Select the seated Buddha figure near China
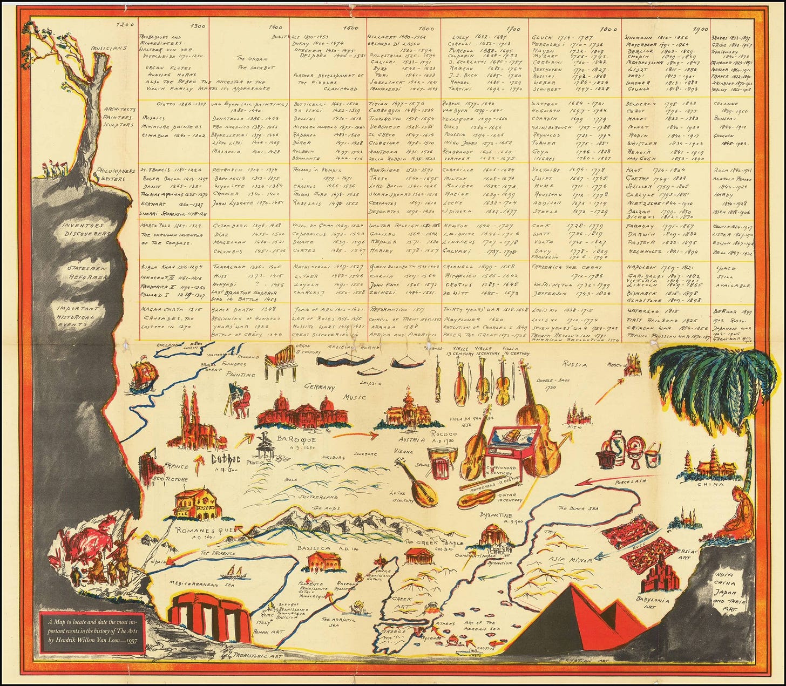click(737, 513)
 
